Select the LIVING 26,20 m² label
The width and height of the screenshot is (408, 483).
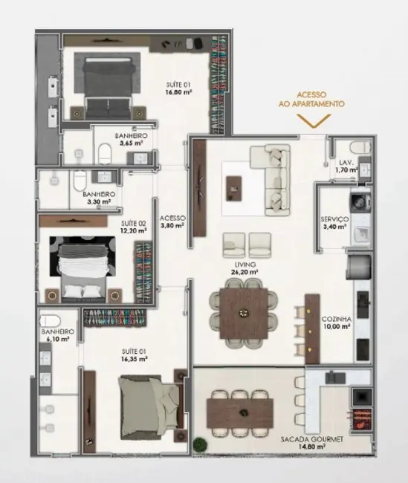coord(245,268)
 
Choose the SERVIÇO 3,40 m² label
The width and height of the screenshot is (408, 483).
coord(334,223)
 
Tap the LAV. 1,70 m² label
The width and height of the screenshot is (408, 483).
coord(346,166)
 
